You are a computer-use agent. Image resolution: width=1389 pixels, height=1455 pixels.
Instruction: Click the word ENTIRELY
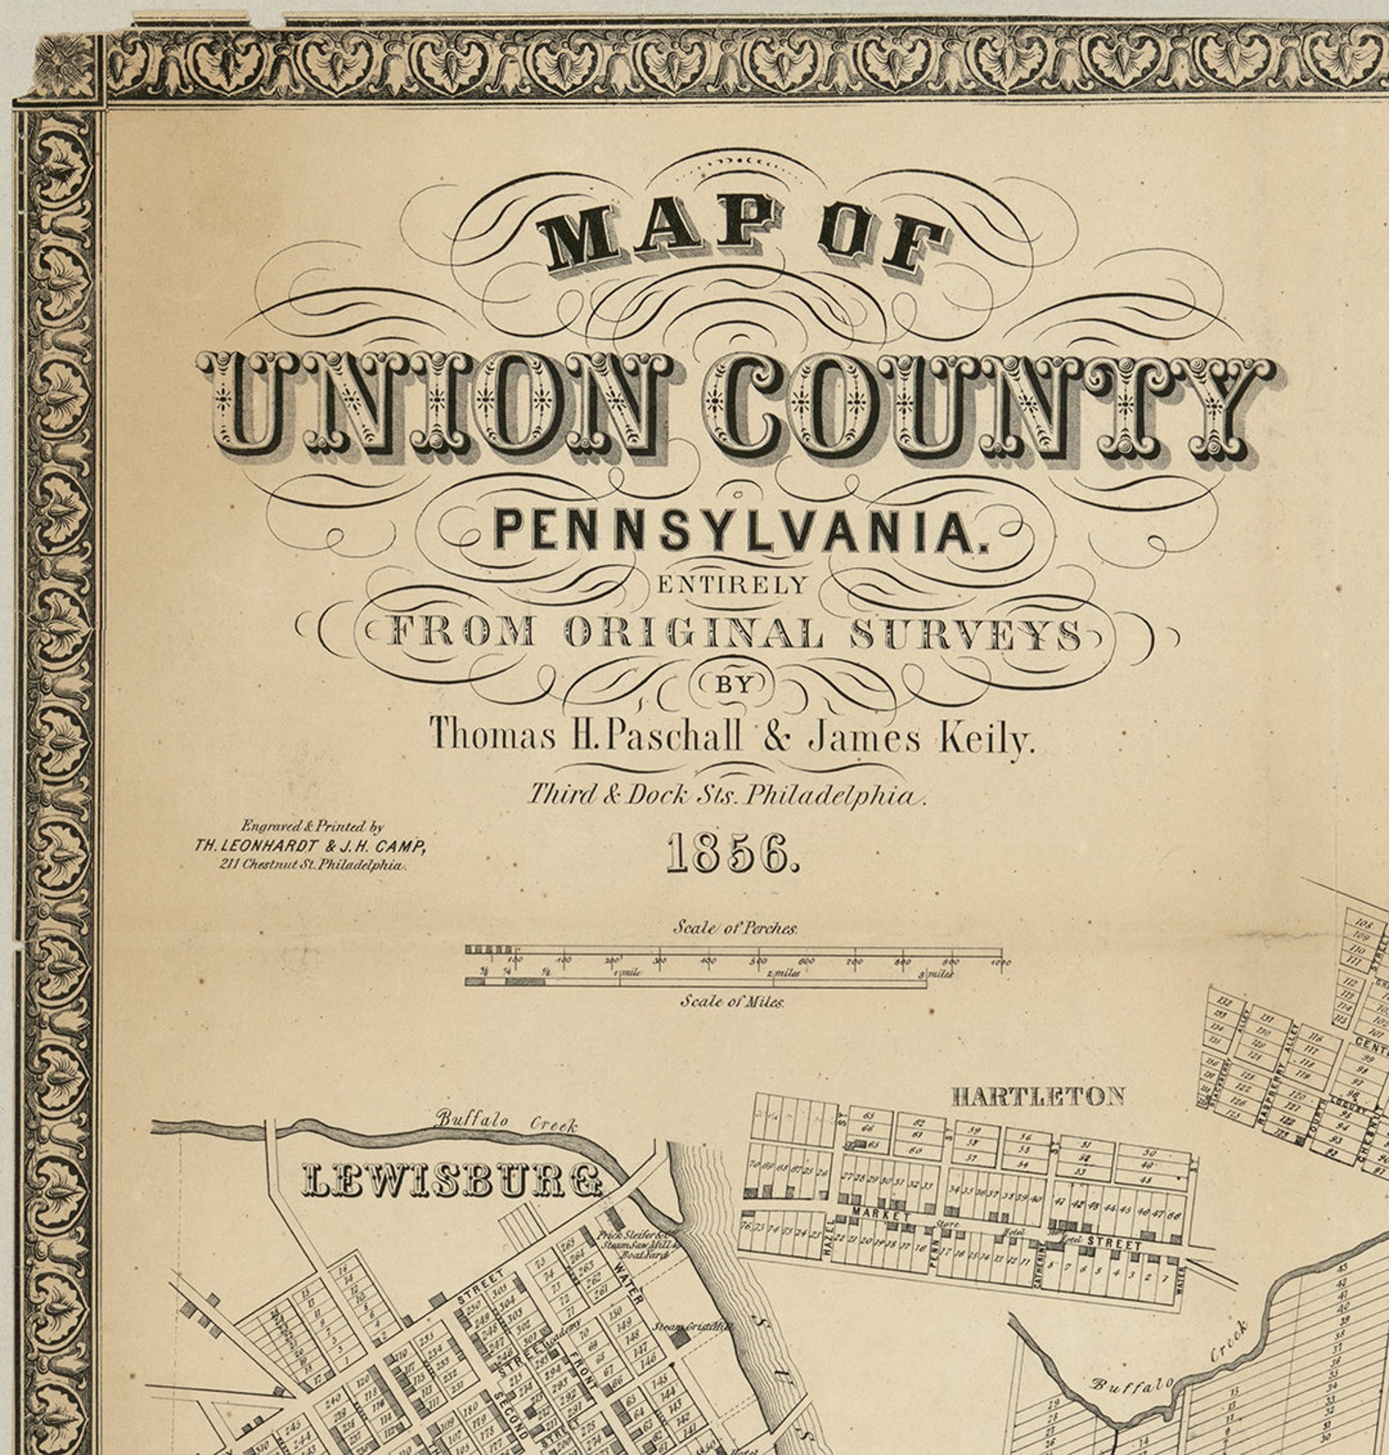pyautogui.click(x=733, y=585)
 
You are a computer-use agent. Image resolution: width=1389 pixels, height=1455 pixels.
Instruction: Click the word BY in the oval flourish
pyautogui.click(x=735, y=685)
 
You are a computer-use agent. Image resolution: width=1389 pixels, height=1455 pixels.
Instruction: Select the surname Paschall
pyautogui.click(x=665, y=737)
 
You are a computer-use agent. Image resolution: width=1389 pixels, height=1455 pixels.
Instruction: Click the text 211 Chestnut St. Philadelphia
pyautogui.click(x=313, y=864)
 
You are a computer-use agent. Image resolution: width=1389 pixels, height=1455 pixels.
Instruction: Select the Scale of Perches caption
pyautogui.click(x=735, y=928)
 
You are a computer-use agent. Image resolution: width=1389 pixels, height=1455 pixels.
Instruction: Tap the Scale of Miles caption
pyautogui.click(x=733, y=1002)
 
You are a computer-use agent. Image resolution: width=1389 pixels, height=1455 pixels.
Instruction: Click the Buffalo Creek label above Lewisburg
pyautogui.click(x=506, y=1121)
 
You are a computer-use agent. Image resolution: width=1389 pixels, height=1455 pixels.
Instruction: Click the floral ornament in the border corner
pyautogui.click(x=66, y=66)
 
